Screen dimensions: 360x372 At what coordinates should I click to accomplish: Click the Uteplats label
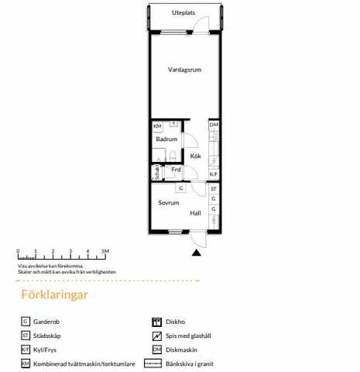pos(183,12)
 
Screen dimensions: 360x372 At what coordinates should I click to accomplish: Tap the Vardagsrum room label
pos(184,70)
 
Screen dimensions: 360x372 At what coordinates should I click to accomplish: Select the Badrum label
pos(166,139)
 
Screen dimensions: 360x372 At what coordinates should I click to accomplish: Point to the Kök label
pos(196,156)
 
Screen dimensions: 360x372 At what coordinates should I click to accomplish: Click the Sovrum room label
pos(169,203)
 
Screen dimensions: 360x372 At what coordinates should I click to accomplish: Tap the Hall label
pos(195,213)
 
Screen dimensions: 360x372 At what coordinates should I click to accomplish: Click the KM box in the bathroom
pos(157,126)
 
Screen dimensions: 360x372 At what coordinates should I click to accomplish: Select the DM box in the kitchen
pos(214,125)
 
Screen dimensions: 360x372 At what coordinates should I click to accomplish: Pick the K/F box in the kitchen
pos(214,174)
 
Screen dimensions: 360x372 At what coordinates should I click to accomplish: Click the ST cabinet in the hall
pos(214,189)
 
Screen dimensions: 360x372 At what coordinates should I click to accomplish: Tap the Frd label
pos(176,170)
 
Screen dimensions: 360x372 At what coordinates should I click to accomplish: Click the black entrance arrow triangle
pos(197,253)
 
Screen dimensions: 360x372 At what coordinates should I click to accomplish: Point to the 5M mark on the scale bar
pos(105,251)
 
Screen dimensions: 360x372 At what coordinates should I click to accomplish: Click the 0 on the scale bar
pos(18,251)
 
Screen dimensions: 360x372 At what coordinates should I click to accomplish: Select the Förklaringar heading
pos(55,294)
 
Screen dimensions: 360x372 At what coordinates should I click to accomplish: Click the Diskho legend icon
pos(157,322)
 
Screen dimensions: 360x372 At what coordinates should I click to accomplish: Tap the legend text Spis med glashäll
pos(188,336)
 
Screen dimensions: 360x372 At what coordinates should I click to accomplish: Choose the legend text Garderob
pos(46,322)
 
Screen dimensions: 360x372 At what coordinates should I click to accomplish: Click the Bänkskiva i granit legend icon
pos(153,363)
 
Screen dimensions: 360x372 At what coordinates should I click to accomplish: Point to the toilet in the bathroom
pos(173,157)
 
